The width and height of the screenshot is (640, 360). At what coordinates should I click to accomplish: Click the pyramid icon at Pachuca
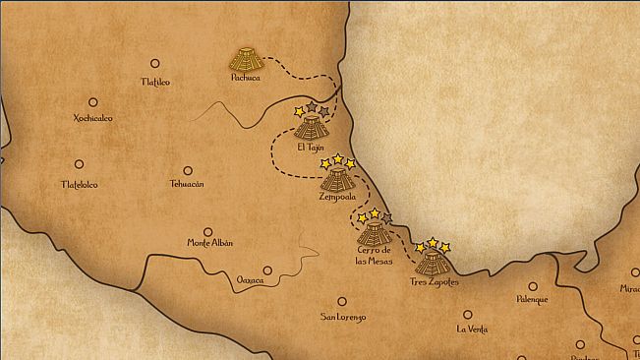pyautogui.click(x=245, y=58)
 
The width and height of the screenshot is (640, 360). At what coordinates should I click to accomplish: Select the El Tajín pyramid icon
pyautogui.click(x=311, y=127)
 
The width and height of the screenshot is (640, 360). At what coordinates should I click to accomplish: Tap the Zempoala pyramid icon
pyautogui.click(x=337, y=179)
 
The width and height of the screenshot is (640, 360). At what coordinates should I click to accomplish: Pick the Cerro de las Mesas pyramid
pyautogui.click(x=374, y=232)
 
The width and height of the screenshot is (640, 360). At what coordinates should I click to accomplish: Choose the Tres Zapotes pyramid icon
pyautogui.click(x=433, y=262)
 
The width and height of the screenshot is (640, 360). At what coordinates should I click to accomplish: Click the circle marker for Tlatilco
pyautogui.click(x=154, y=63)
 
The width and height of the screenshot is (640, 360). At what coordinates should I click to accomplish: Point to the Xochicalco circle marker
pyautogui.click(x=93, y=101)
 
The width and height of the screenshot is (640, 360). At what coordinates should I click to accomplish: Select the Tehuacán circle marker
pyautogui.click(x=187, y=170)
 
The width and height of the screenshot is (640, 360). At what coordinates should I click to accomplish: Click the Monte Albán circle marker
pyautogui.click(x=209, y=225)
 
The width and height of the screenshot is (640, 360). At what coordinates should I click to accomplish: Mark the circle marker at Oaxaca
pyautogui.click(x=267, y=270)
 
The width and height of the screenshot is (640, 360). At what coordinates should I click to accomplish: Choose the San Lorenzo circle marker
pyautogui.click(x=342, y=301)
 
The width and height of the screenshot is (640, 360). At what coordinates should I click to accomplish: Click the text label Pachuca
pyautogui.click(x=245, y=77)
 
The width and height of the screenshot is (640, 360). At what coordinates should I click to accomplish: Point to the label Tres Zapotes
pyautogui.click(x=433, y=282)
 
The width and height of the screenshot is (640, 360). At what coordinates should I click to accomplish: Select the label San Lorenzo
pyautogui.click(x=343, y=318)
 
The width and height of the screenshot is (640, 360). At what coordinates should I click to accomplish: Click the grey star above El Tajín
pyautogui.click(x=312, y=106)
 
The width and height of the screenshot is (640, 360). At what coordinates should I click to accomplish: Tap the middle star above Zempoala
pyautogui.click(x=337, y=158)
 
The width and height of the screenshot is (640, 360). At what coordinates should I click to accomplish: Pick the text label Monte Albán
pyautogui.click(x=210, y=243)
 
